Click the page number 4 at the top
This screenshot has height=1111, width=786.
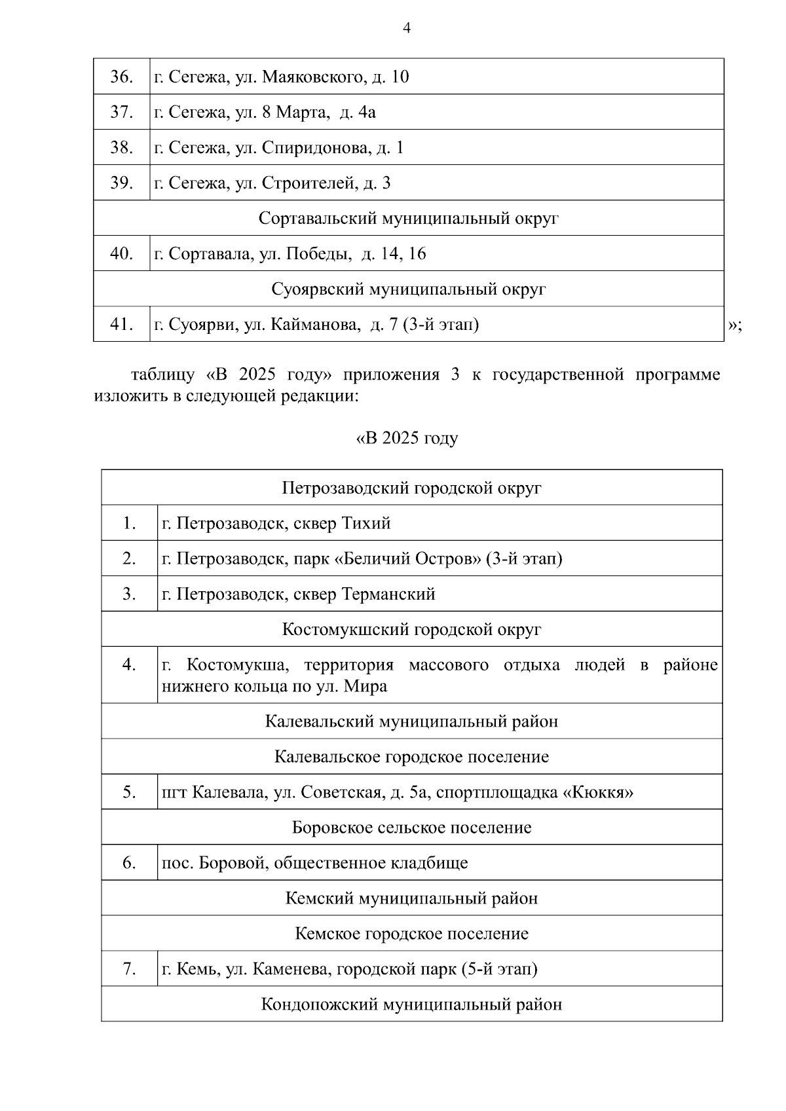pyautogui.click(x=407, y=28)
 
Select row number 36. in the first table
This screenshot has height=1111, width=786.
pyautogui.click(x=122, y=77)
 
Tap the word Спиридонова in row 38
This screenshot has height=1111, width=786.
pyautogui.click(x=316, y=148)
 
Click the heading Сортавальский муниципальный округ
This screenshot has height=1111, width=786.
pyautogui.click(x=408, y=218)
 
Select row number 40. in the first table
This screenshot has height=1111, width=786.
pyautogui.click(x=122, y=254)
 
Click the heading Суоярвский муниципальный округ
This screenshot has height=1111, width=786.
pyautogui.click(x=408, y=289)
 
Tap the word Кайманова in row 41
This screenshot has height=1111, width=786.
pyautogui.click(x=320, y=325)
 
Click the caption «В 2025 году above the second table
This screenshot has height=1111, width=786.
pyautogui.click(x=407, y=439)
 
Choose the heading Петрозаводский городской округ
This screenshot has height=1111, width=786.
pyautogui.click(x=411, y=488)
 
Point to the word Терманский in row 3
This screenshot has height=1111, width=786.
pyautogui.click(x=388, y=594)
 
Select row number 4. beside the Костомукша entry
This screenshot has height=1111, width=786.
pyautogui.click(x=129, y=665)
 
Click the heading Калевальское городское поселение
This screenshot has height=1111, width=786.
pyautogui.click(x=411, y=757)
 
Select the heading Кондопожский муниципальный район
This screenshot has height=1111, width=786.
pyautogui.click(x=411, y=1005)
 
